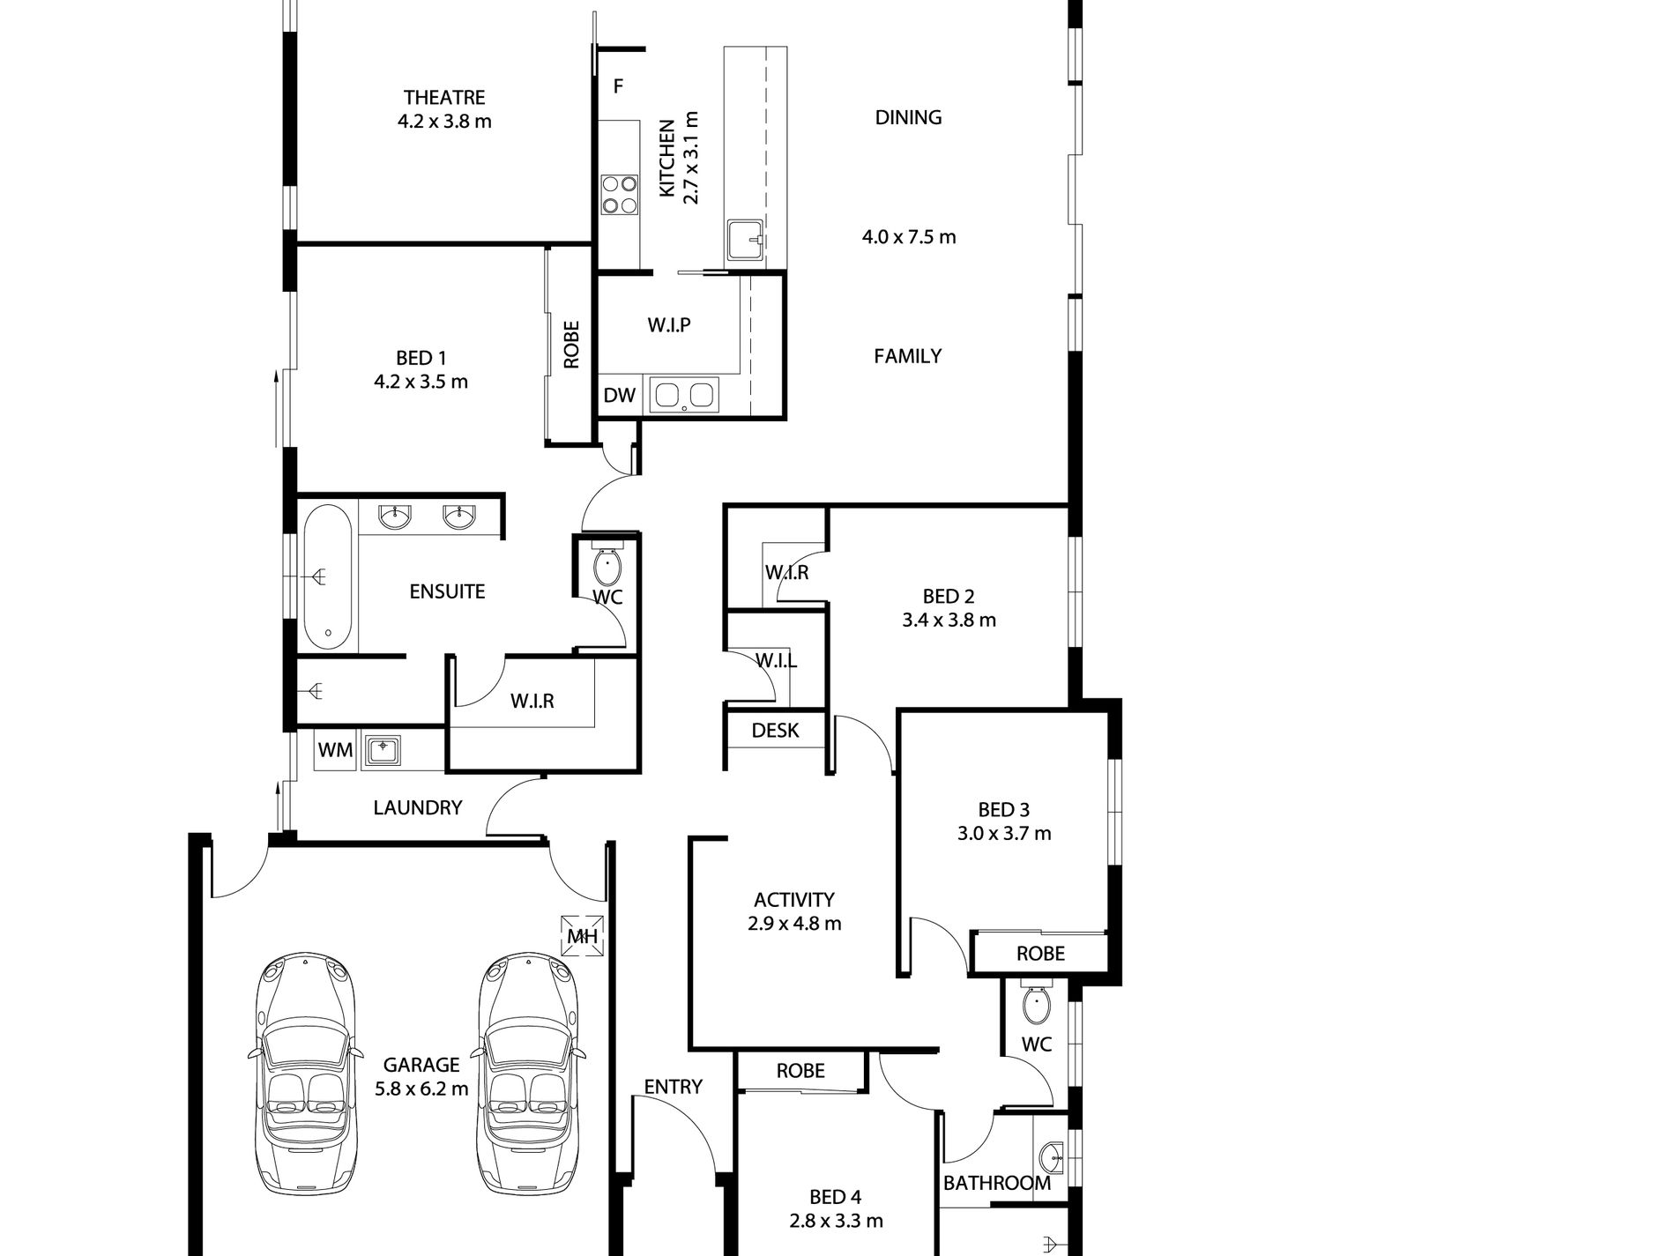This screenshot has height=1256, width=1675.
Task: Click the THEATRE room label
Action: pos(444,97)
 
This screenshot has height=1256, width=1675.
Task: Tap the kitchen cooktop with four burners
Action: pos(619,195)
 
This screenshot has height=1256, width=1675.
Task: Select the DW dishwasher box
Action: pos(619,396)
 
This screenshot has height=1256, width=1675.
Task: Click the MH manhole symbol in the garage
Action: pos(583,936)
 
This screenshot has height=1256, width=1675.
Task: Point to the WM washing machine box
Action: pos(335,750)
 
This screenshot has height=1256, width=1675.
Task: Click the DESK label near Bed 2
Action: pos(775,730)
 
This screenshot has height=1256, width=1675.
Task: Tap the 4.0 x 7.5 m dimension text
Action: pos(908,236)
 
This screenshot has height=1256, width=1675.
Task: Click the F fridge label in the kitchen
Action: pos(618,86)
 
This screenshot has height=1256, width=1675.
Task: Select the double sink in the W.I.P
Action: pos(683,396)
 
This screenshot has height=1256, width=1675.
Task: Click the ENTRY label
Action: pos(673,1087)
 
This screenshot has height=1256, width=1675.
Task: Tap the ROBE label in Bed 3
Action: pos(1040,954)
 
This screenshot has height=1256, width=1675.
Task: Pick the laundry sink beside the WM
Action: pos(382,750)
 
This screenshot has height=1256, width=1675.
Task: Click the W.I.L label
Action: pos(776,661)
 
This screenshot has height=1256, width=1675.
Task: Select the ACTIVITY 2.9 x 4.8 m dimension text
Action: pos(794,924)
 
